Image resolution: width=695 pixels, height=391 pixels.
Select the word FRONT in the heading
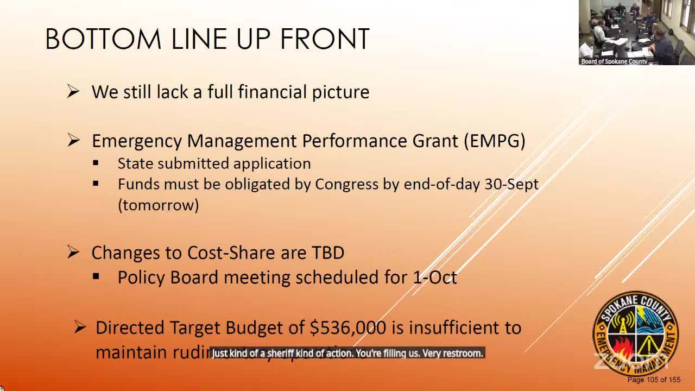coord(325,40)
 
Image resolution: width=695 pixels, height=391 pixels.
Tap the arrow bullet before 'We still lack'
coord(73,92)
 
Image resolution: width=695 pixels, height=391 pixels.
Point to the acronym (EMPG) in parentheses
coord(494,141)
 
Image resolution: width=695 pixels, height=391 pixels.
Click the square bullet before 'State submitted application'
coord(96,163)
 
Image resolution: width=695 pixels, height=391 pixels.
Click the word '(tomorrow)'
coord(159,205)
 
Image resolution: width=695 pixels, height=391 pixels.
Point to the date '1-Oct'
coord(434,277)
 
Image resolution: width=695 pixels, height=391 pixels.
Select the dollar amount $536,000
coord(347,327)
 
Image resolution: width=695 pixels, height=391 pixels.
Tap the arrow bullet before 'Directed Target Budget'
coord(80,327)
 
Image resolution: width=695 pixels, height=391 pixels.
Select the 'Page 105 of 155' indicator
coord(654,380)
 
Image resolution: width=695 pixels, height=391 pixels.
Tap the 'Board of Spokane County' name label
coord(614,61)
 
